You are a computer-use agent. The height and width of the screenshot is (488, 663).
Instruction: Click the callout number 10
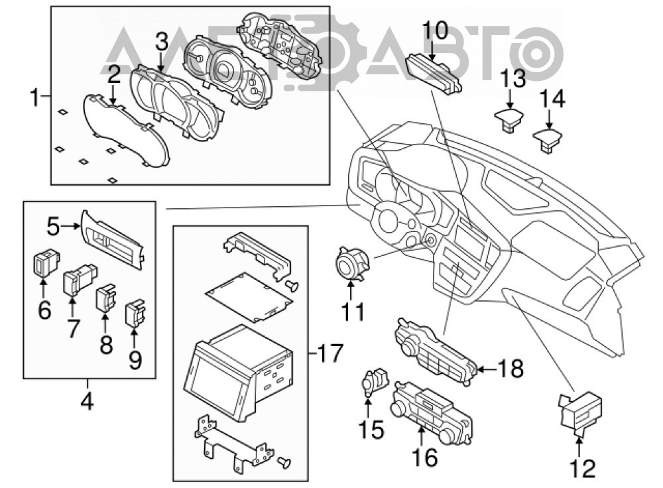(435, 31)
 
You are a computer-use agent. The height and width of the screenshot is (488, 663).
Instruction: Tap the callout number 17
(330, 353)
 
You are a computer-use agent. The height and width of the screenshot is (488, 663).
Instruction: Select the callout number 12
(583, 469)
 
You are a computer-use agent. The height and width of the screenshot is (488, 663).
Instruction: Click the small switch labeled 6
(46, 263)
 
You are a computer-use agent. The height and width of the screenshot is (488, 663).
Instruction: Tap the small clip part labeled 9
(135, 313)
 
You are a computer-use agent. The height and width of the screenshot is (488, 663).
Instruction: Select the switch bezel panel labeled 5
(112, 240)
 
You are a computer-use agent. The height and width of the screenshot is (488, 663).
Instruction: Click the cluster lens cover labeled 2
(126, 129)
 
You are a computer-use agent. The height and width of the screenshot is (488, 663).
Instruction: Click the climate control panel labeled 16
(432, 412)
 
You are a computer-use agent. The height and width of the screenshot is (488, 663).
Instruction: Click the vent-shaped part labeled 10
(434, 74)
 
